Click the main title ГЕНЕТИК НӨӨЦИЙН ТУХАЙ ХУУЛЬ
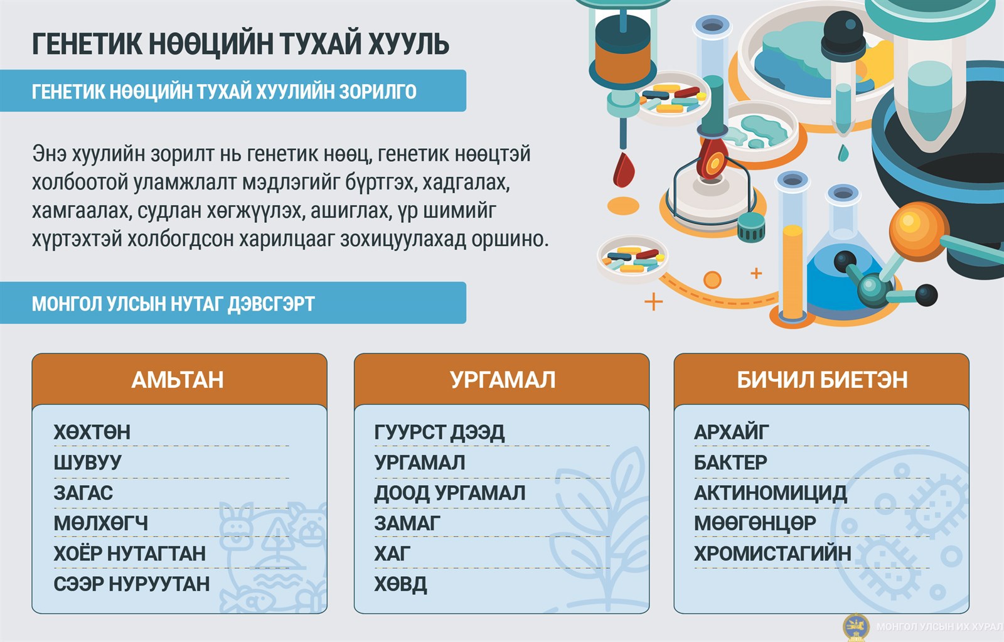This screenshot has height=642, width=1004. [240, 44]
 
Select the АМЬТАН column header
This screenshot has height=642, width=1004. [178, 380]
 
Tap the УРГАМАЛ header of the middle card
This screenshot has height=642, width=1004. [503, 380]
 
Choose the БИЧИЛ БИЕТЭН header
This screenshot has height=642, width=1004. [822, 380]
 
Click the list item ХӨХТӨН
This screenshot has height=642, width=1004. [92, 432]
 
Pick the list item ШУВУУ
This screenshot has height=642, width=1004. [87, 463]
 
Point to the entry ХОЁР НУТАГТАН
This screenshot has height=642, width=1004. [129, 554]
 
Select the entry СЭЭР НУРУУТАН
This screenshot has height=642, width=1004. [131, 584]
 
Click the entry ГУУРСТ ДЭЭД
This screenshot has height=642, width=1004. [439, 432]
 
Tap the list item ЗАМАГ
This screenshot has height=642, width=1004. [407, 523]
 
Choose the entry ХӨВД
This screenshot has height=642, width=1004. [401, 584]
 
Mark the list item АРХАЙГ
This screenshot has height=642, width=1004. [731, 432]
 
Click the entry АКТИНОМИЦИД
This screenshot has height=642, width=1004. [771, 493]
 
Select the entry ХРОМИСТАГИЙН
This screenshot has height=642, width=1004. [772, 554]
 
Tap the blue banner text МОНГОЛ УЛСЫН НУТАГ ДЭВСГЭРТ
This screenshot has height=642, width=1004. [173, 304]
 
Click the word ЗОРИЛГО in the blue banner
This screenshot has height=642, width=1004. [378, 92]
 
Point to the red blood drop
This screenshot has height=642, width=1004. [624, 169]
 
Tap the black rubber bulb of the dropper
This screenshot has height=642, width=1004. [843, 35]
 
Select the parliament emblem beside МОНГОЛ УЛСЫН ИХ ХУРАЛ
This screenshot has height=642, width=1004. [856, 627]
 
